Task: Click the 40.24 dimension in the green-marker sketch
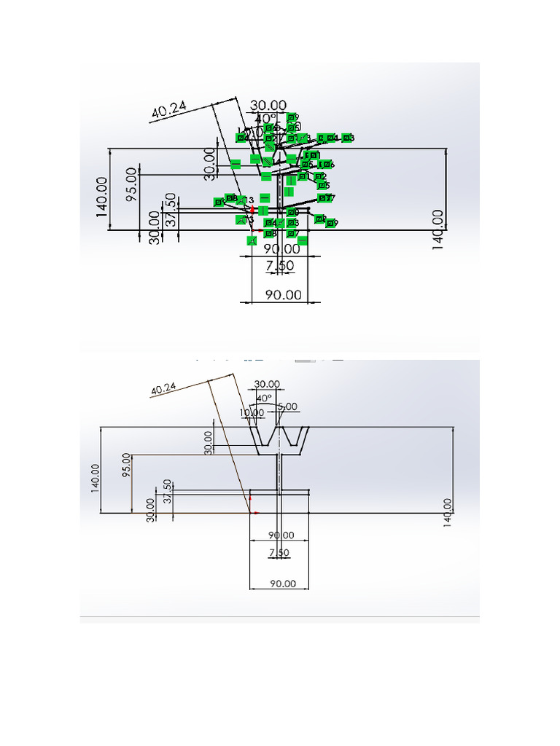169,110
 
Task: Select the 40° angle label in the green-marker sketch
265,119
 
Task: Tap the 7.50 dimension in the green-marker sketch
280,266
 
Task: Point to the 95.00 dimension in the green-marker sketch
131,186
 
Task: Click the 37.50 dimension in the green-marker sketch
170,211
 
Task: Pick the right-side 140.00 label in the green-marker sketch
437,229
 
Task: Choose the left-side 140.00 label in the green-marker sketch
101,196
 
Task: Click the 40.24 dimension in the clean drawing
163,389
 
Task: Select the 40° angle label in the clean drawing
264,398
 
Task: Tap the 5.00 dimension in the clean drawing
287,406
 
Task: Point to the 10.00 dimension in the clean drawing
252,412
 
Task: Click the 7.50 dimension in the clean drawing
279,553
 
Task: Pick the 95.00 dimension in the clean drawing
127,467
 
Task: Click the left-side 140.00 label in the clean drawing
95,477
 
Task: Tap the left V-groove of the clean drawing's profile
264,438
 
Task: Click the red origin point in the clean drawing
251,512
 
